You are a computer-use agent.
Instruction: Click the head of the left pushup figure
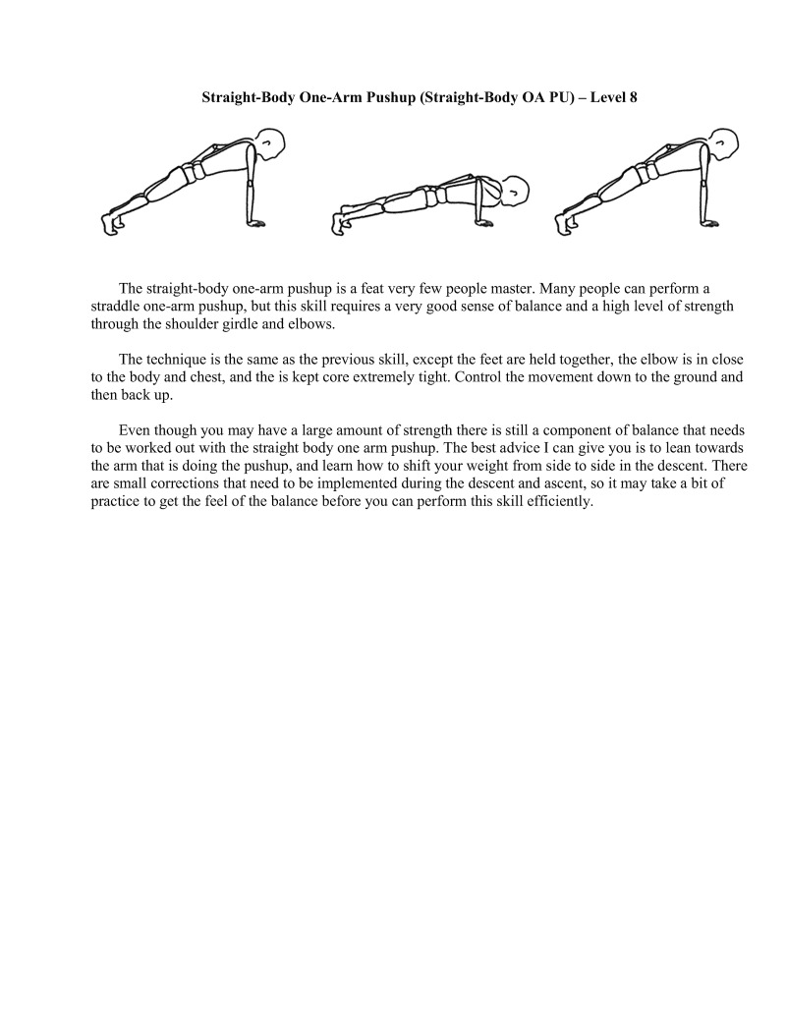coord(271,144)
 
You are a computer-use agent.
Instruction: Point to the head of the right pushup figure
coord(724,144)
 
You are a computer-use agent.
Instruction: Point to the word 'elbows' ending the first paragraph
coord(313,322)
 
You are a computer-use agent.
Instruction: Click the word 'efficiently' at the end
coord(559,501)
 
